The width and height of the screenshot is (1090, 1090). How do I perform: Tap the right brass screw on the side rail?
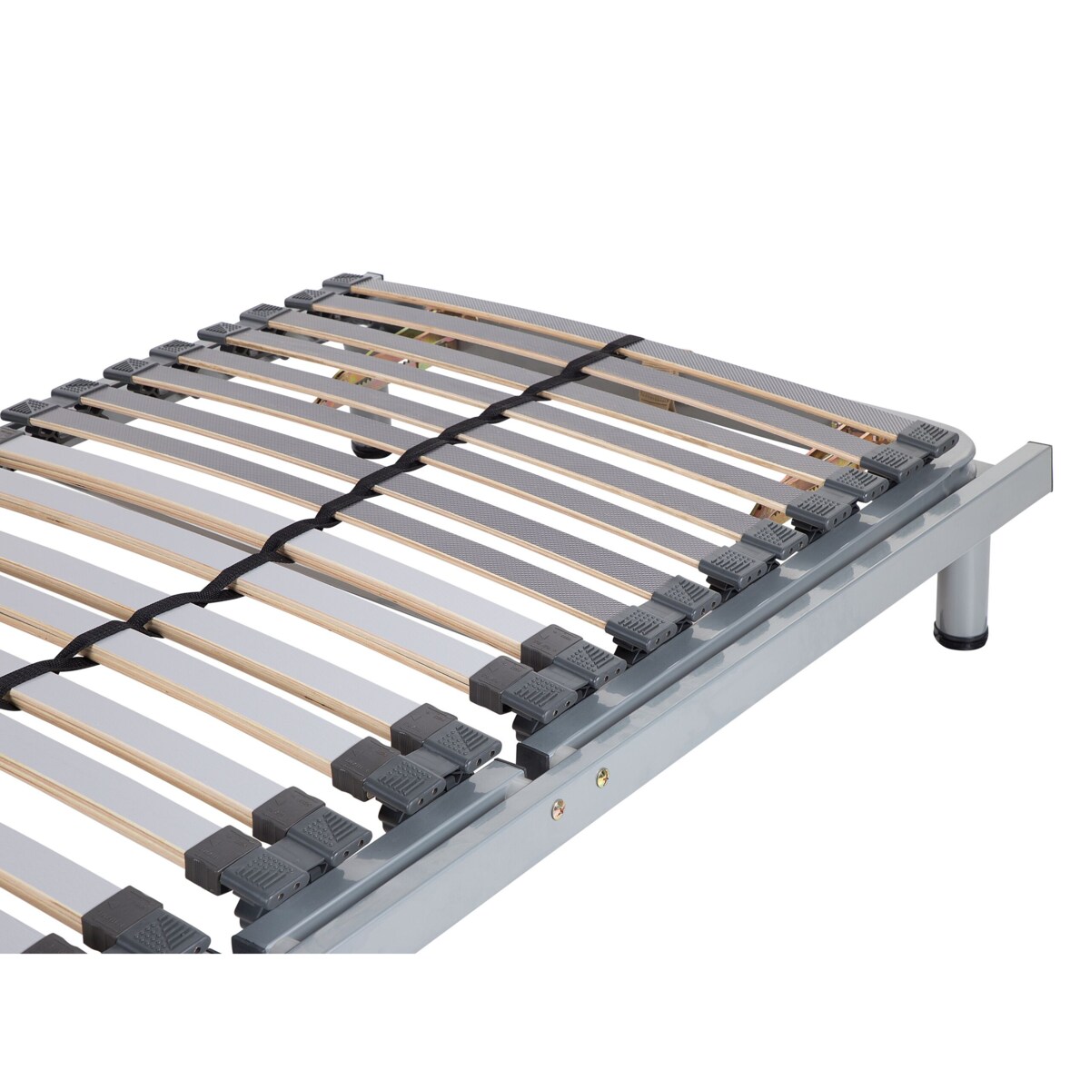600,775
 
